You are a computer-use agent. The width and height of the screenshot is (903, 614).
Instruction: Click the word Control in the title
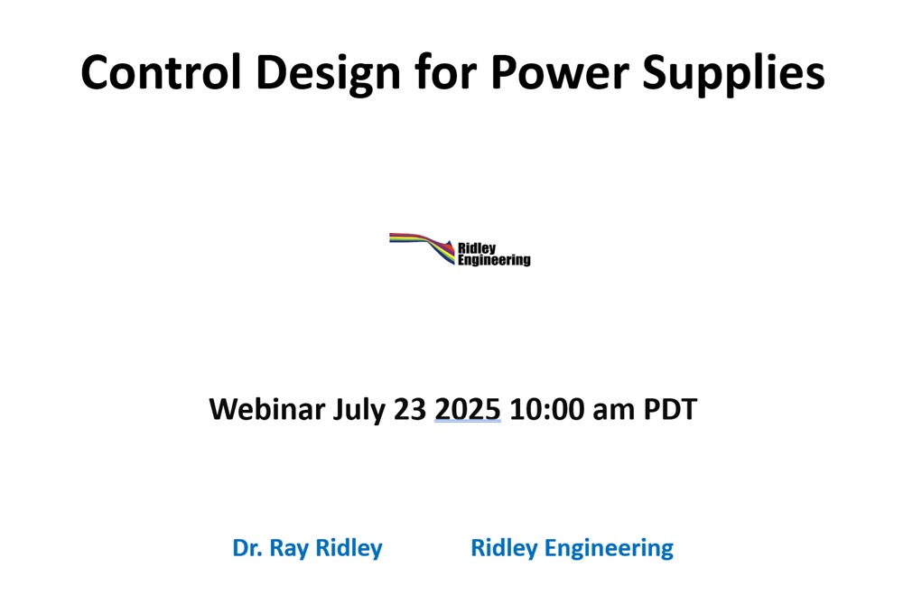pyautogui.click(x=161, y=72)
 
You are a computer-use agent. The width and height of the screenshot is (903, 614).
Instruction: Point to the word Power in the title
pyautogui.click(x=560, y=72)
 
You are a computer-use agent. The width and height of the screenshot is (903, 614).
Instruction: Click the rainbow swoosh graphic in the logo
pyautogui.click(x=422, y=247)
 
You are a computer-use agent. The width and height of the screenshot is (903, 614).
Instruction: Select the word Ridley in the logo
pyautogui.click(x=477, y=249)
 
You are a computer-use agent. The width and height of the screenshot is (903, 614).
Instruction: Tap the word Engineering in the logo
pyautogui.click(x=494, y=260)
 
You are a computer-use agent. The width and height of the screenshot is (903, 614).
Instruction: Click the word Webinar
pyautogui.click(x=267, y=409)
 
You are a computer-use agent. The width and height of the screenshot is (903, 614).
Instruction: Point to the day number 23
pyautogui.click(x=410, y=410)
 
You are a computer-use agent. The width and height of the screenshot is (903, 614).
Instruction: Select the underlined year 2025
pyautogui.click(x=468, y=410)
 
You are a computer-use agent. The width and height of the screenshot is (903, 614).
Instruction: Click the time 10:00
pyautogui.click(x=546, y=410)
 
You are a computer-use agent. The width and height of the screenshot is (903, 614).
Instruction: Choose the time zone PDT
pyautogui.click(x=670, y=410)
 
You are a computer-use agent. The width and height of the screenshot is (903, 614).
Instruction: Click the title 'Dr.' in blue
pyautogui.click(x=247, y=548)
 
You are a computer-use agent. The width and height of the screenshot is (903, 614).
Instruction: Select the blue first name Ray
pyautogui.click(x=289, y=550)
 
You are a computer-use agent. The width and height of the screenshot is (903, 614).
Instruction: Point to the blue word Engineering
pyautogui.click(x=609, y=550)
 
